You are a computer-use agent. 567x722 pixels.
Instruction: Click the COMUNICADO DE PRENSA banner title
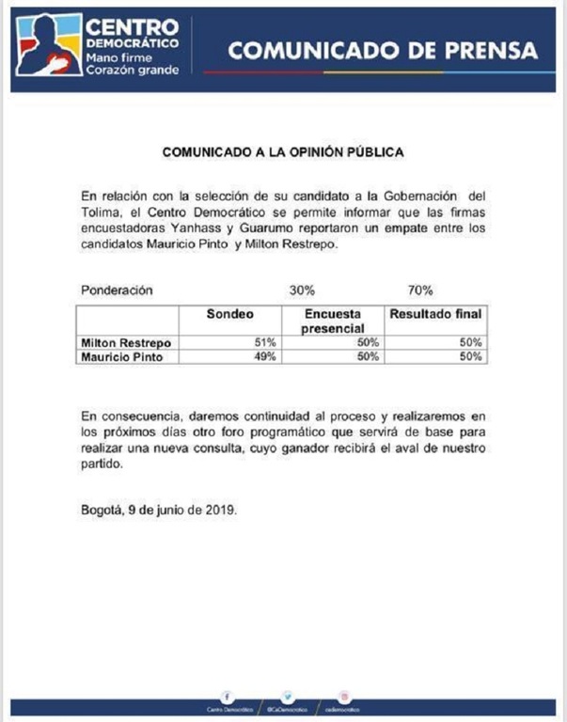pyautogui.click(x=384, y=51)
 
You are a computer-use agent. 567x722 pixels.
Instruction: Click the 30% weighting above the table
pyautogui.click(x=301, y=290)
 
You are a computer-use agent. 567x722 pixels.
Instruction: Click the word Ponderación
pyautogui.click(x=117, y=290)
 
